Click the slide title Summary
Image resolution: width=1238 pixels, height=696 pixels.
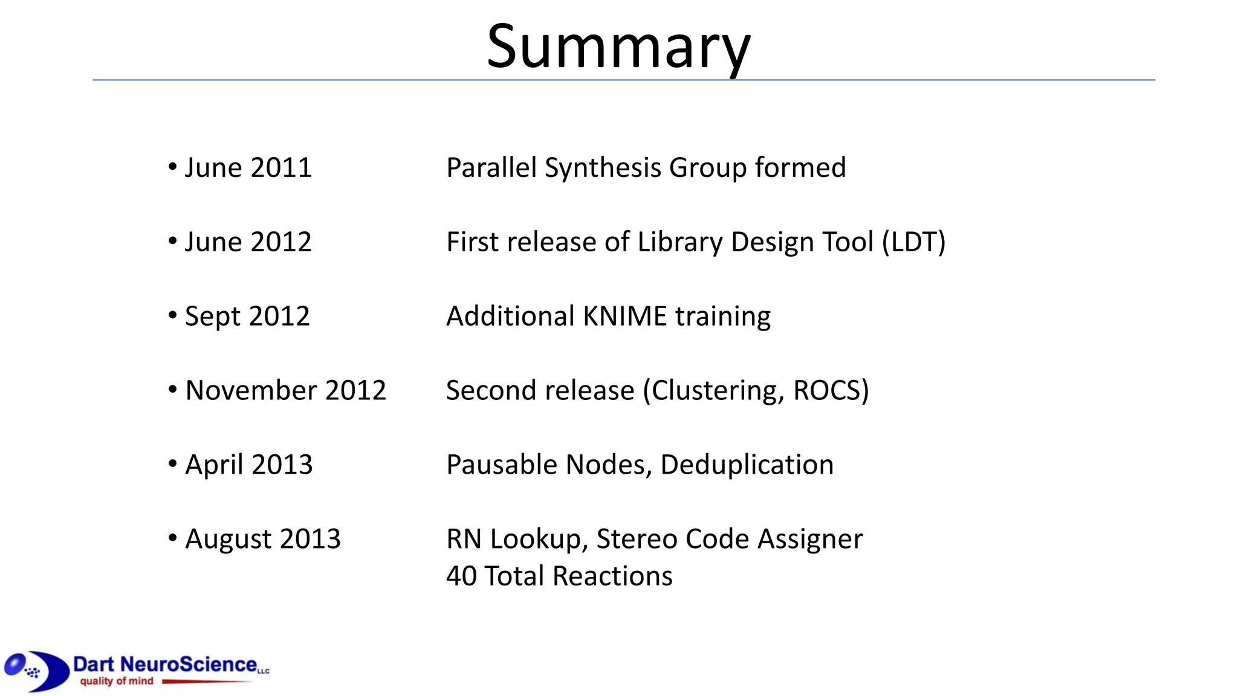(x=618, y=47)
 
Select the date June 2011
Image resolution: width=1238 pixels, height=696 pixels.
(x=248, y=167)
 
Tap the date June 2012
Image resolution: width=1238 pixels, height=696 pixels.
(x=248, y=242)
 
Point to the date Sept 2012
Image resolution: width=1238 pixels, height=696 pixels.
(x=247, y=316)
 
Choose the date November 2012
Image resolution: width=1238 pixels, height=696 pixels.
(x=285, y=390)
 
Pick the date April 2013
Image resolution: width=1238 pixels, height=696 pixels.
(x=248, y=465)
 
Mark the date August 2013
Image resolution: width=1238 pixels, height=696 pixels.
(x=263, y=539)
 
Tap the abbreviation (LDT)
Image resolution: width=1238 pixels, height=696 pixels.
(x=913, y=242)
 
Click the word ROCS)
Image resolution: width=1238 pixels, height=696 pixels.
(x=831, y=390)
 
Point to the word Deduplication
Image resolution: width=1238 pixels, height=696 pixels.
(x=747, y=465)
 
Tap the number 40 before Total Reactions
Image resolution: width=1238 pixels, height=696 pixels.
(x=461, y=576)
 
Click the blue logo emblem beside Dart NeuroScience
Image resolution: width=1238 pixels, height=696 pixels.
(x=36, y=671)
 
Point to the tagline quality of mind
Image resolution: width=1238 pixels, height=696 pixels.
(x=117, y=681)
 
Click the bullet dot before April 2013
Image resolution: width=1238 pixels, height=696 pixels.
(x=173, y=463)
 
